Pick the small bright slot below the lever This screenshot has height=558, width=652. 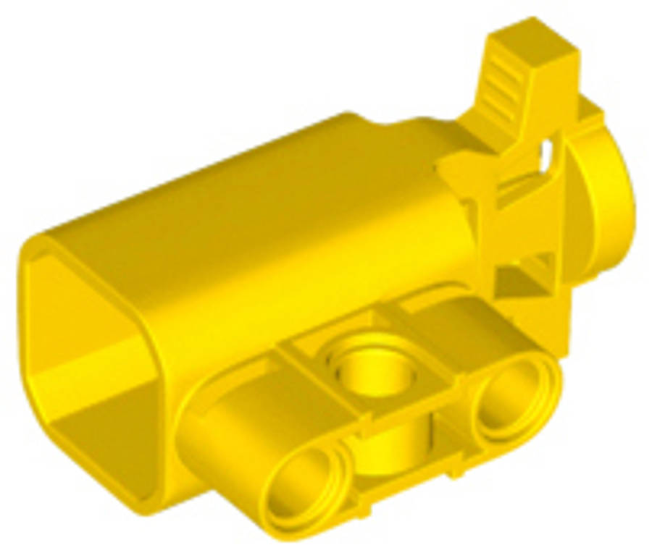[548, 151]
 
